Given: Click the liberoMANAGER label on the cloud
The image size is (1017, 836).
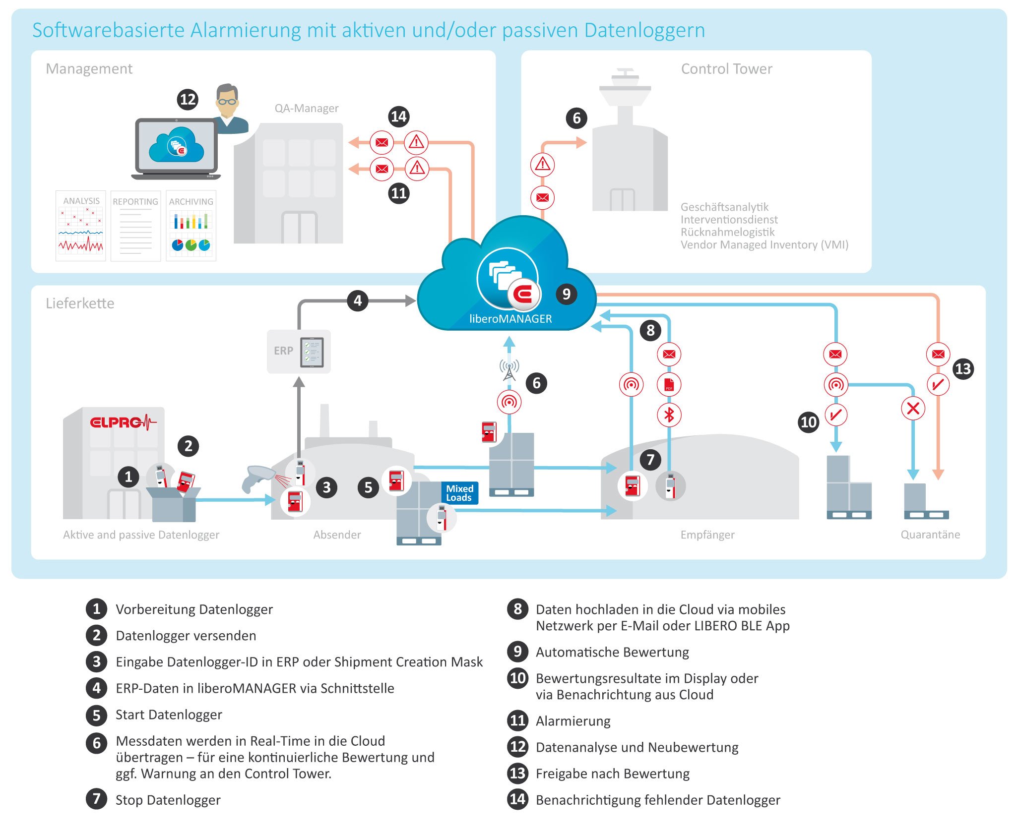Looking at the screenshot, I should tap(510, 319).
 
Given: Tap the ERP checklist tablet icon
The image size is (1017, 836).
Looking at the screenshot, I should tap(312, 352).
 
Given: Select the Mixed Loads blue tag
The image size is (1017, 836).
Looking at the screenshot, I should tap(460, 493).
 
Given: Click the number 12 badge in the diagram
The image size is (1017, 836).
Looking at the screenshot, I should tap(188, 100).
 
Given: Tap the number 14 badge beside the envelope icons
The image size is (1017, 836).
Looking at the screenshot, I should tap(398, 117).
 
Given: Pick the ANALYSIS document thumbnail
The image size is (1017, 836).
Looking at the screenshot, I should tap(81, 226).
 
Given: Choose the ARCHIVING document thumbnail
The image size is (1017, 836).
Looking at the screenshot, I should tap(191, 226).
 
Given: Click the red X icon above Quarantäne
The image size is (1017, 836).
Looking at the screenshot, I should tap(913, 409).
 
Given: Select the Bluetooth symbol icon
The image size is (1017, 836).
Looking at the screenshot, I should tap(669, 415).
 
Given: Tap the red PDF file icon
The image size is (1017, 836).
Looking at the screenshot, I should tap(669, 384).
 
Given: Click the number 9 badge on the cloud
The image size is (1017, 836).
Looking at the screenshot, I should tap(566, 294).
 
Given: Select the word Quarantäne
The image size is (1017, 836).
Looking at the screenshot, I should tap(930, 535).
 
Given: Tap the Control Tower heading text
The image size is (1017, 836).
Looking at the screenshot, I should tap(726, 69).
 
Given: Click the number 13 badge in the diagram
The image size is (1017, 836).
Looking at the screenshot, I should tap(963, 369).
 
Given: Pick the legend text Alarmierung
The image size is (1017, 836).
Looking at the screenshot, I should tap(573, 721).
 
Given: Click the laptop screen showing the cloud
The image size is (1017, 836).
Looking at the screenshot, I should tap(176, 146).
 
